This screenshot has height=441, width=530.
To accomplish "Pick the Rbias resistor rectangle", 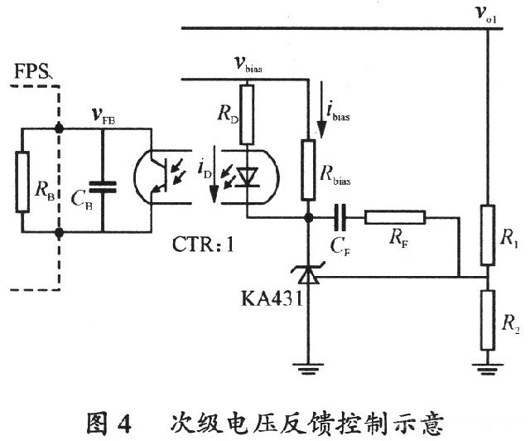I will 308,170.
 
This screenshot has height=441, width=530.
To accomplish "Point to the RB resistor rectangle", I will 22,181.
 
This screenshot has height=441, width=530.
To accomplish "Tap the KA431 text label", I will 264,298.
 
